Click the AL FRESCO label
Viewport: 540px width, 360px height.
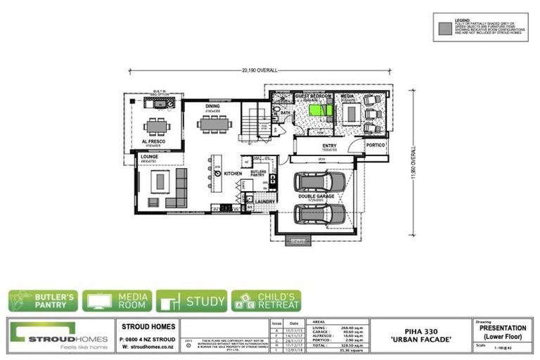153,141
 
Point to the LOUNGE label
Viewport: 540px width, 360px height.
149,157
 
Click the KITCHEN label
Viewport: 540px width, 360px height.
233,172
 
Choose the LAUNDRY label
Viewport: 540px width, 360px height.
264,201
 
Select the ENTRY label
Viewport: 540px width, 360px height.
330,146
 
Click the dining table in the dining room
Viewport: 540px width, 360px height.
213,125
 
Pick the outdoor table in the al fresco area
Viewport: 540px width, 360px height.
155,127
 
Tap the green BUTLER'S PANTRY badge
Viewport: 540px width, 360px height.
44,301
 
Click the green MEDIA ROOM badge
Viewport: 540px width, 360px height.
117,301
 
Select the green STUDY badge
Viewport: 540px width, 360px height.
191,301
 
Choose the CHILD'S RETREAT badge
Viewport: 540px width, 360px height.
266,301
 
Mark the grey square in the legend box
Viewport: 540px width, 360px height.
444,30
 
